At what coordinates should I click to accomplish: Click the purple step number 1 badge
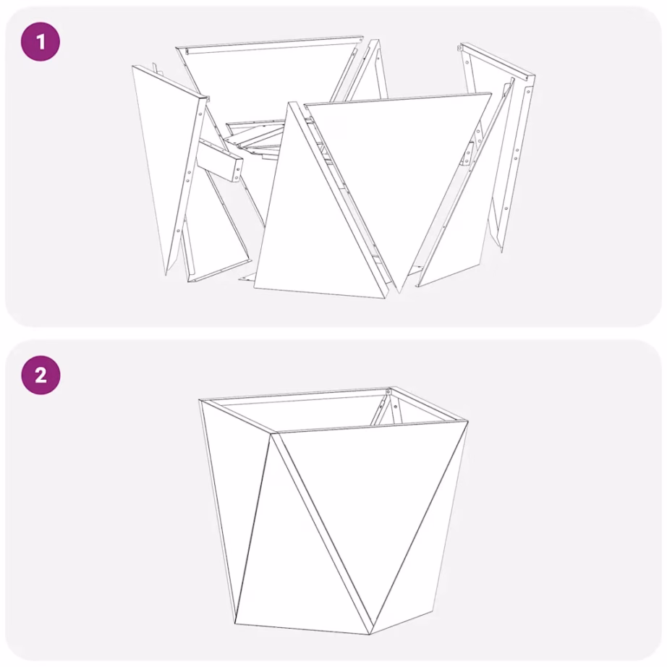click(41, 42)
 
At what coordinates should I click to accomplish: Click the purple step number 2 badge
click(41, 375)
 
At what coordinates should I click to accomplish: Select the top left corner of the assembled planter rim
click(201, 400)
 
